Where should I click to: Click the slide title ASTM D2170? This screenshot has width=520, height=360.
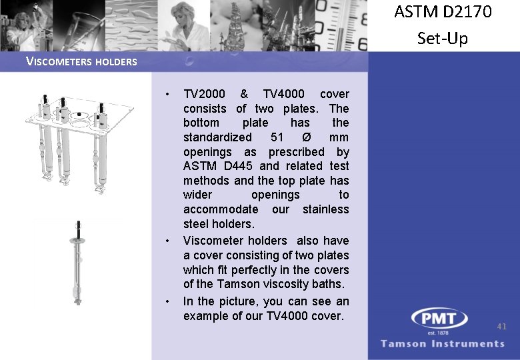[x=443, y=12]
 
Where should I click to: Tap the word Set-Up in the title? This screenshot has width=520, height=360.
[x=443, y=38]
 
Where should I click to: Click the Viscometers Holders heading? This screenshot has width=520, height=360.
[x=81, y=62]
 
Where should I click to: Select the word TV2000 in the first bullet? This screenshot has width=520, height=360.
[x=204, y=94]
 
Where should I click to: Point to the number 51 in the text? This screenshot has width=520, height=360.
[x=277, y=137]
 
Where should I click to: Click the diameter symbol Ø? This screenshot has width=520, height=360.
[x=306, y=137]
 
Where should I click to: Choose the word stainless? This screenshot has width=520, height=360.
[x=325, y=209]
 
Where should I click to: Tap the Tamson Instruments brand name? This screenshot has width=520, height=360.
[x=443, y=343]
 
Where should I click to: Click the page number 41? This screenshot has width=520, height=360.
[x=502, y=326]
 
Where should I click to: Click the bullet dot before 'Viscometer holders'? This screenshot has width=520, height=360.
[x=169, y=241]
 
